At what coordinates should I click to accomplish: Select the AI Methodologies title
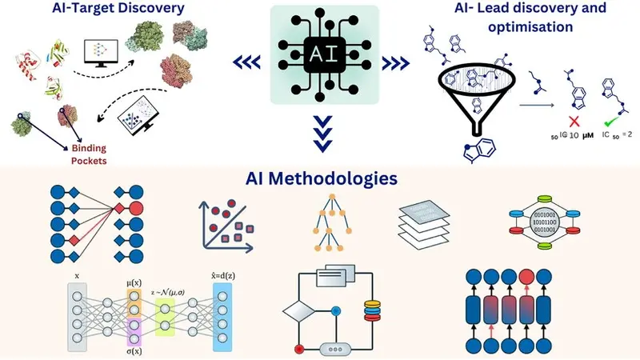pyautogui.click(x=320, y=178)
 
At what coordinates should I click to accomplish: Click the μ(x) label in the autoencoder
pyautogui.click(x=134, y=282)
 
